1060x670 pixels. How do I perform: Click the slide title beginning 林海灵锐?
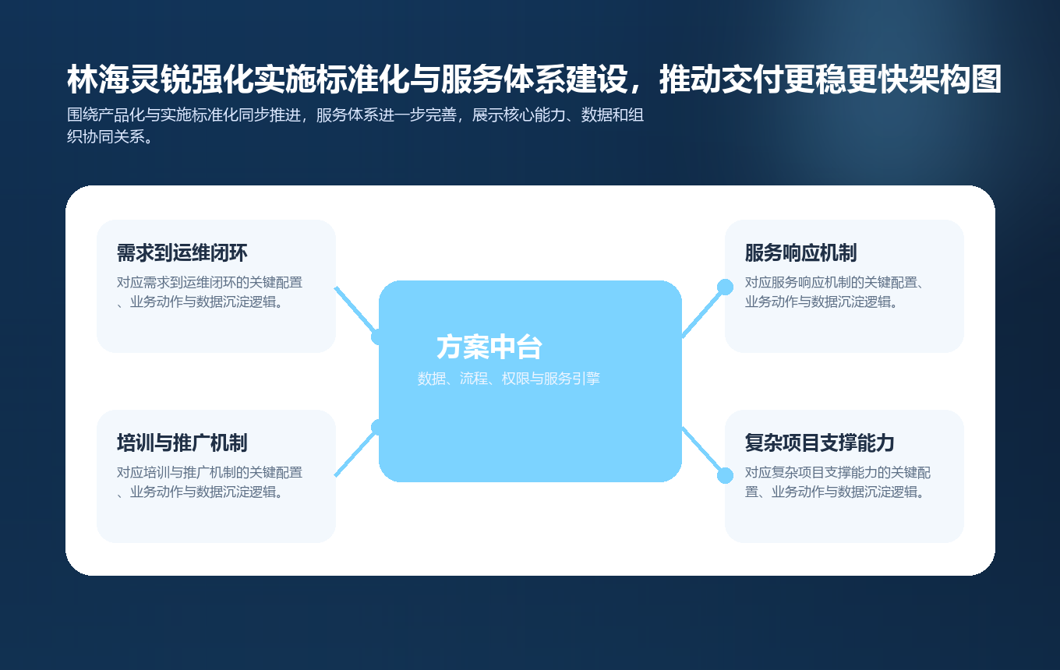(534, 80)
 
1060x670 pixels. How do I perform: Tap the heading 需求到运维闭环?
(182, 253)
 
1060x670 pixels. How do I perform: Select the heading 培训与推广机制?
(182, 443)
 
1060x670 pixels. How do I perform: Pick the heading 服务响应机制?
(800, 253)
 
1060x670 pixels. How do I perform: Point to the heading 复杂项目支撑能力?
(819, 443)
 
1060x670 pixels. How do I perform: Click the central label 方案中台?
(489, 347)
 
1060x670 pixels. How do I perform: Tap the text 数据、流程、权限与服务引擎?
(508, 379)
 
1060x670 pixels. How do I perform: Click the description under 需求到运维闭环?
(210, 292)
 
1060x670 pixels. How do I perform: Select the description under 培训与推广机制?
(210, 482)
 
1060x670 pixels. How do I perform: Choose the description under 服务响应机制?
(835, 292)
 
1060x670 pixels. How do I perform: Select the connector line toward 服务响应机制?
(703, 312)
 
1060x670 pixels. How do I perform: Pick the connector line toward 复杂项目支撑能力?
(703, 452)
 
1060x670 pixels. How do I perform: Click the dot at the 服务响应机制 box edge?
(725, 287)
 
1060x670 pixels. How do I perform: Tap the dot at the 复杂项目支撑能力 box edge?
(725, 475)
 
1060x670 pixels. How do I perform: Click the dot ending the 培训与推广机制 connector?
(378, 427)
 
